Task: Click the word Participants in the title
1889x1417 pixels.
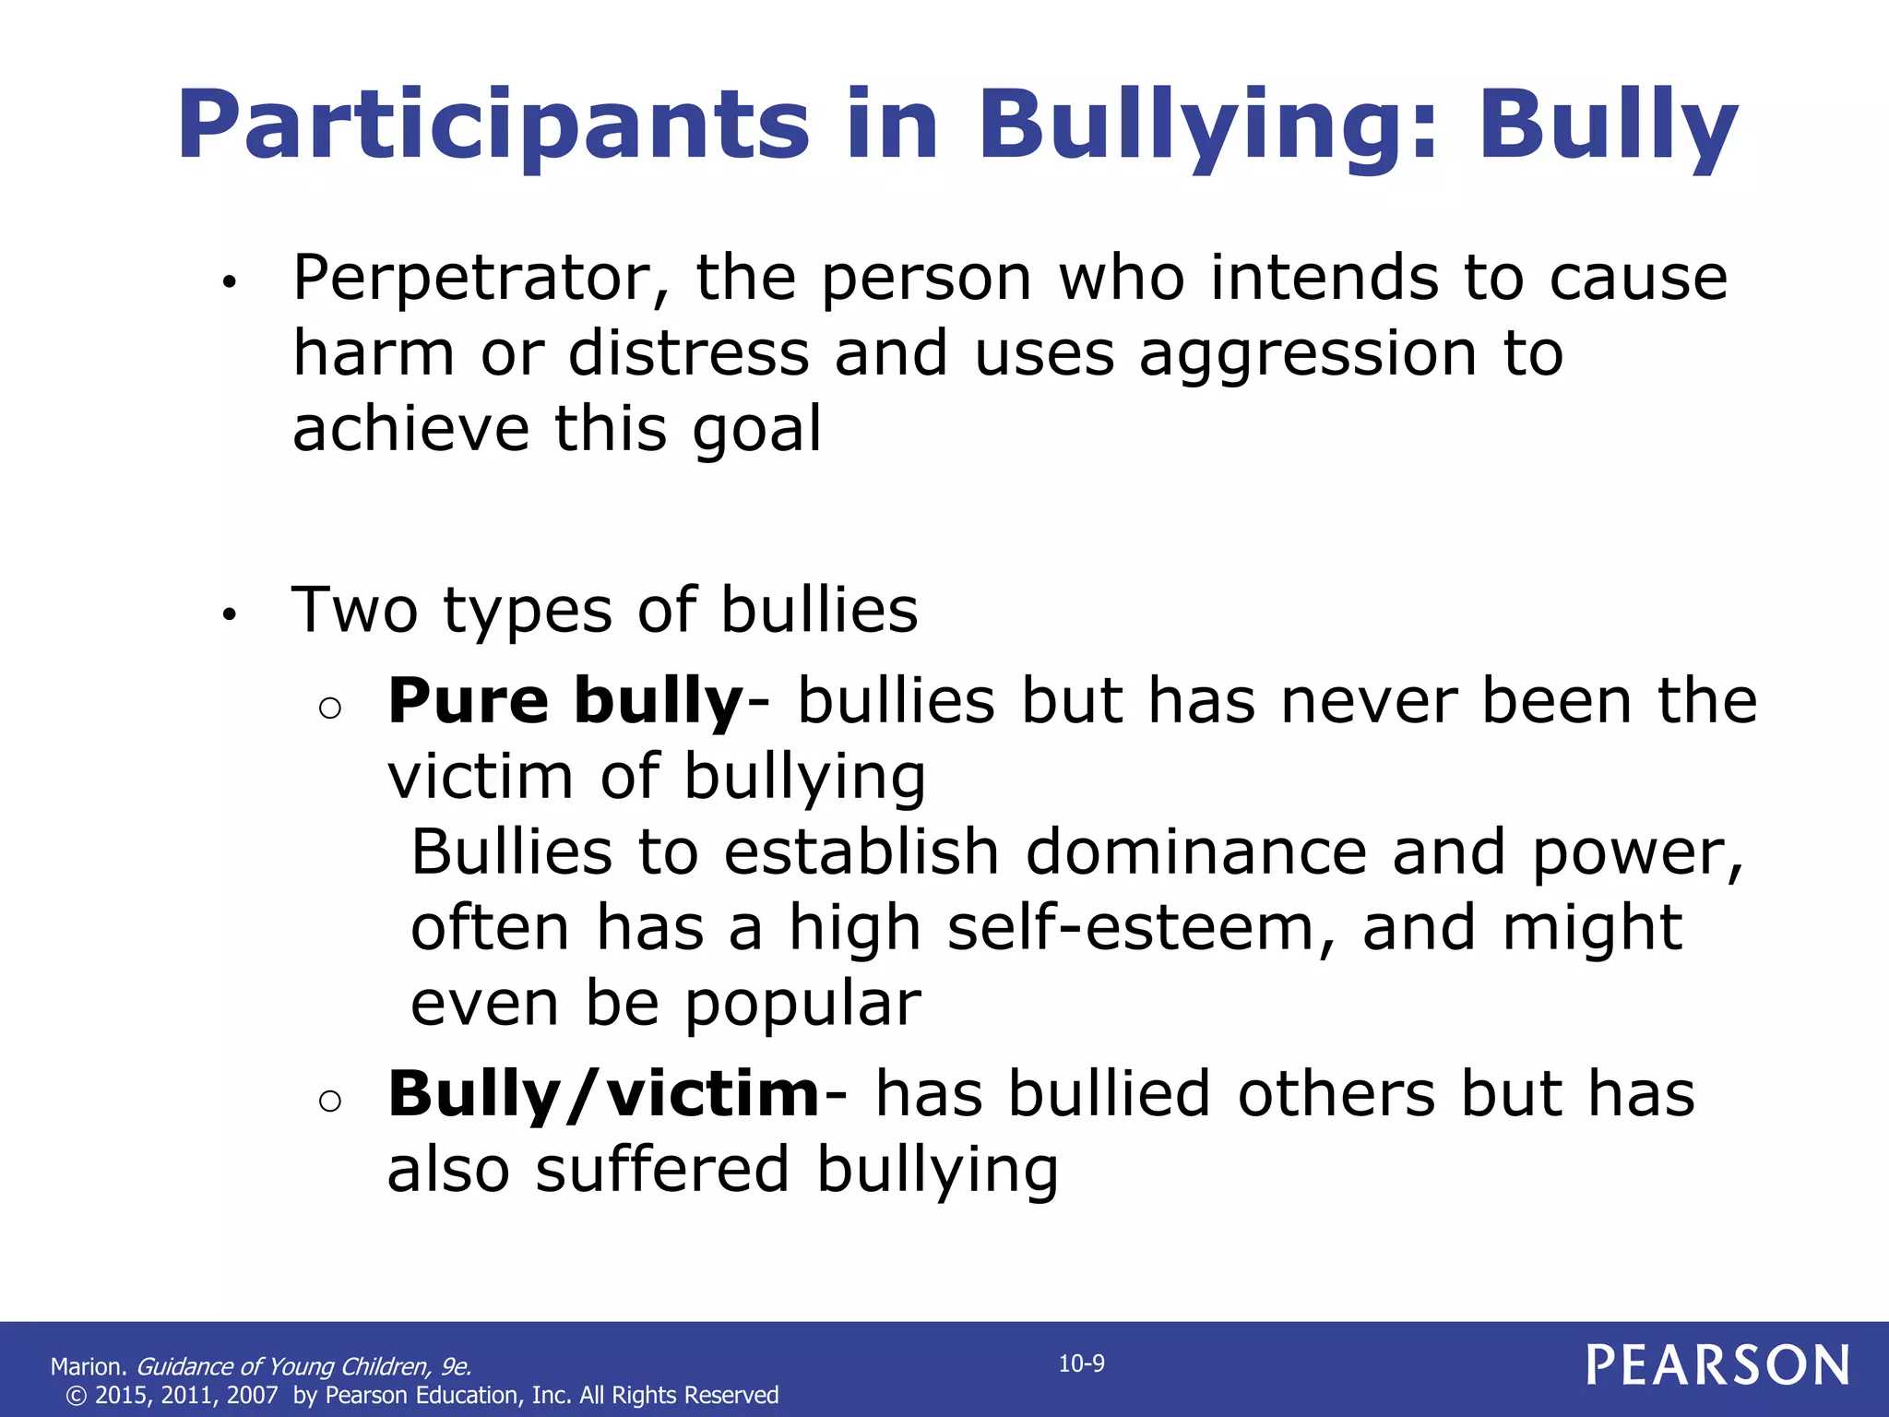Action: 493,126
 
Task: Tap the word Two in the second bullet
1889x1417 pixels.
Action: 355,610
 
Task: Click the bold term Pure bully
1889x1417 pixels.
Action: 564,701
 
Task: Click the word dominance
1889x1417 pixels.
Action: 1195,851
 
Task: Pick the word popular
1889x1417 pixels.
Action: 802,1004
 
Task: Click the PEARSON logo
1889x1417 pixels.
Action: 1717,1365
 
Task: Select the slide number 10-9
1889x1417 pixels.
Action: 1081,1363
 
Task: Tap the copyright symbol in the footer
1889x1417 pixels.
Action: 77,1396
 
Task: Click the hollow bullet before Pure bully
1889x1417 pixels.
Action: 329,708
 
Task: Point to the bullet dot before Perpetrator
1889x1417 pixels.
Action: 230,283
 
